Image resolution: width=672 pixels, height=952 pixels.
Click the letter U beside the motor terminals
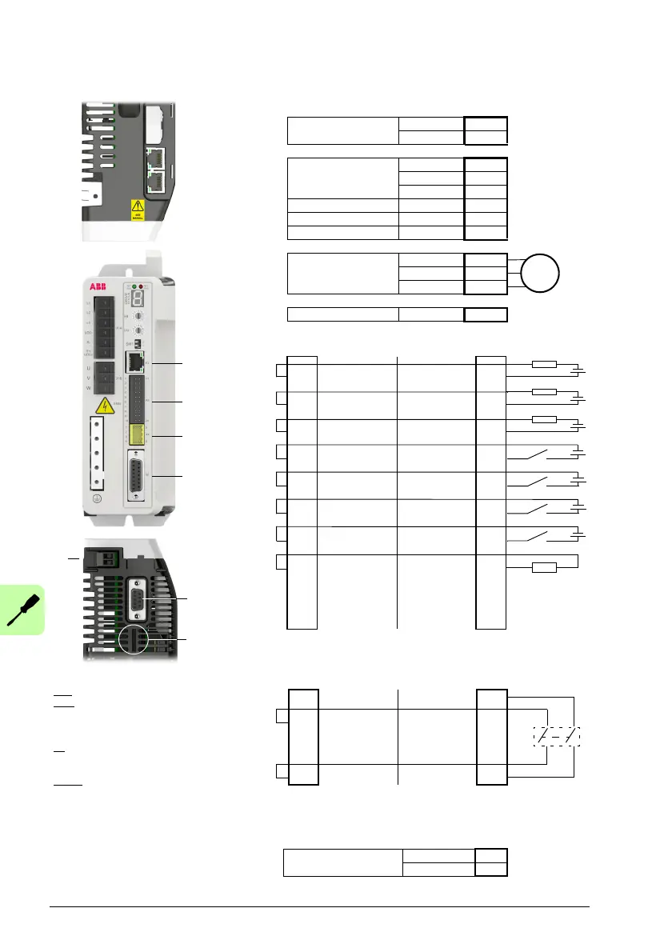pos(88,369)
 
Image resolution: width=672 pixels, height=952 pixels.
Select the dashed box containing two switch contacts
pos(557,736)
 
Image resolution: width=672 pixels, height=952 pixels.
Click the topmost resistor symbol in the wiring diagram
pos(545,365)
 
